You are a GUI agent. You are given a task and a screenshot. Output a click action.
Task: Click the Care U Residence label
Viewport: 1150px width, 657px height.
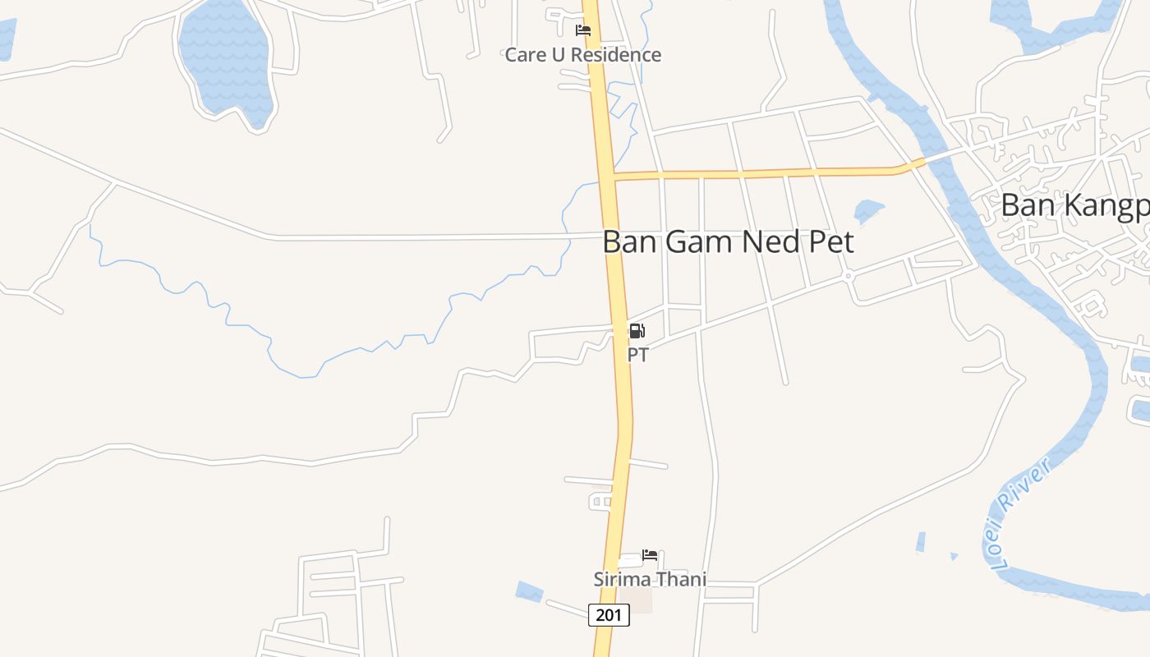[582, 55]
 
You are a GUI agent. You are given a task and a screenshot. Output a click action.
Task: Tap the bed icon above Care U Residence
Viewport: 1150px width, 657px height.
[583, 30]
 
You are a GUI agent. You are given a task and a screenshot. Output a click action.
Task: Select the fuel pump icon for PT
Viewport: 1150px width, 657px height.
[637, 332]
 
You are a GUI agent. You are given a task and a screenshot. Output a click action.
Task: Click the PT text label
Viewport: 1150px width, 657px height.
[637, 355]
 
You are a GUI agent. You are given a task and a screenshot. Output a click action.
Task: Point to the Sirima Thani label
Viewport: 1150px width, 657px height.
[650, 579]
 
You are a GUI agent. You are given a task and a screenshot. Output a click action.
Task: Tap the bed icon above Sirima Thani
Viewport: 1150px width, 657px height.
[650, 555]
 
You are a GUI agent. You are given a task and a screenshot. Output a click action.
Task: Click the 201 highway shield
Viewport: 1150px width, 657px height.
[609, 614]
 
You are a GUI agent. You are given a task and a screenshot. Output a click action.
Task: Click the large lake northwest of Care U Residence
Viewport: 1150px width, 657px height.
[224, 57]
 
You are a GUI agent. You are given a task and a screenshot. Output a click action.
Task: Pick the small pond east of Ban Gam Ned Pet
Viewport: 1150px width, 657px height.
[868, 211]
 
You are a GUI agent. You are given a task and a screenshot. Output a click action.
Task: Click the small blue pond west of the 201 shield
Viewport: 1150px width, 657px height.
[530, 590]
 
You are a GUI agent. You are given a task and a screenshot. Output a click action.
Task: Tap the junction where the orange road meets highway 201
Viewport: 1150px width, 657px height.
[608, 175]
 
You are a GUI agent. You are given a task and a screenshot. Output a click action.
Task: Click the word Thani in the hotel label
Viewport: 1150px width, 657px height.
[679, 579]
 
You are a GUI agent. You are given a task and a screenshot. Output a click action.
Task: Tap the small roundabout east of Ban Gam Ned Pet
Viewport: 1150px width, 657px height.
[849, 277]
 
